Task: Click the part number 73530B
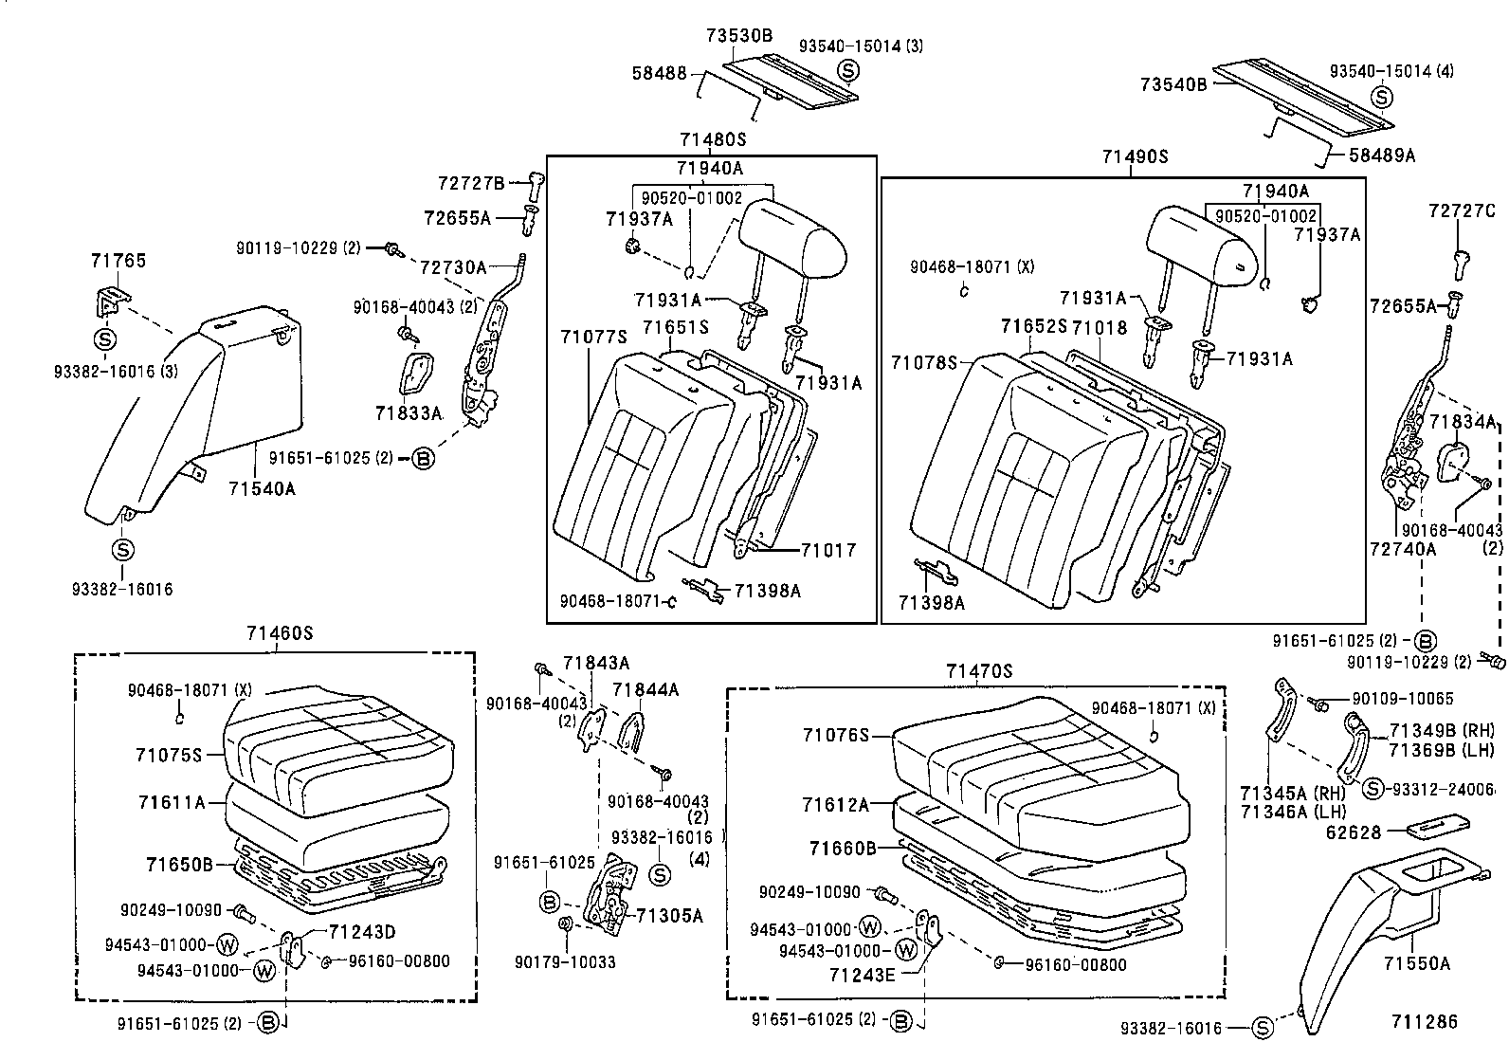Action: [x=738, y=36]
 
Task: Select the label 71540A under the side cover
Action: [x=262, y=488]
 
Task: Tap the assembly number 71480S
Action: [x=712, y=139]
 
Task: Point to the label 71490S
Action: [x=1135, y=156]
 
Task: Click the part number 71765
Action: [x=118, y=260]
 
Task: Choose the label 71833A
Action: [x=409, y=413]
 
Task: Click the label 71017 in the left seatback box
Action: [x=828, y=550]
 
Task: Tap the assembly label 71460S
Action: [x=278, y=633]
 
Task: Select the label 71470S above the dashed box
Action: [x=978, y=671]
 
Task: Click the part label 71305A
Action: [x=669, y=915]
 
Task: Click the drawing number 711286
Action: [x=1424, y=1021]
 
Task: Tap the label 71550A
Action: [x=1416, y=964]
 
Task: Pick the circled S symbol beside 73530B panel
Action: [x=847, y=70]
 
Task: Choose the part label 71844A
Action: [x=645, y=690]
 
